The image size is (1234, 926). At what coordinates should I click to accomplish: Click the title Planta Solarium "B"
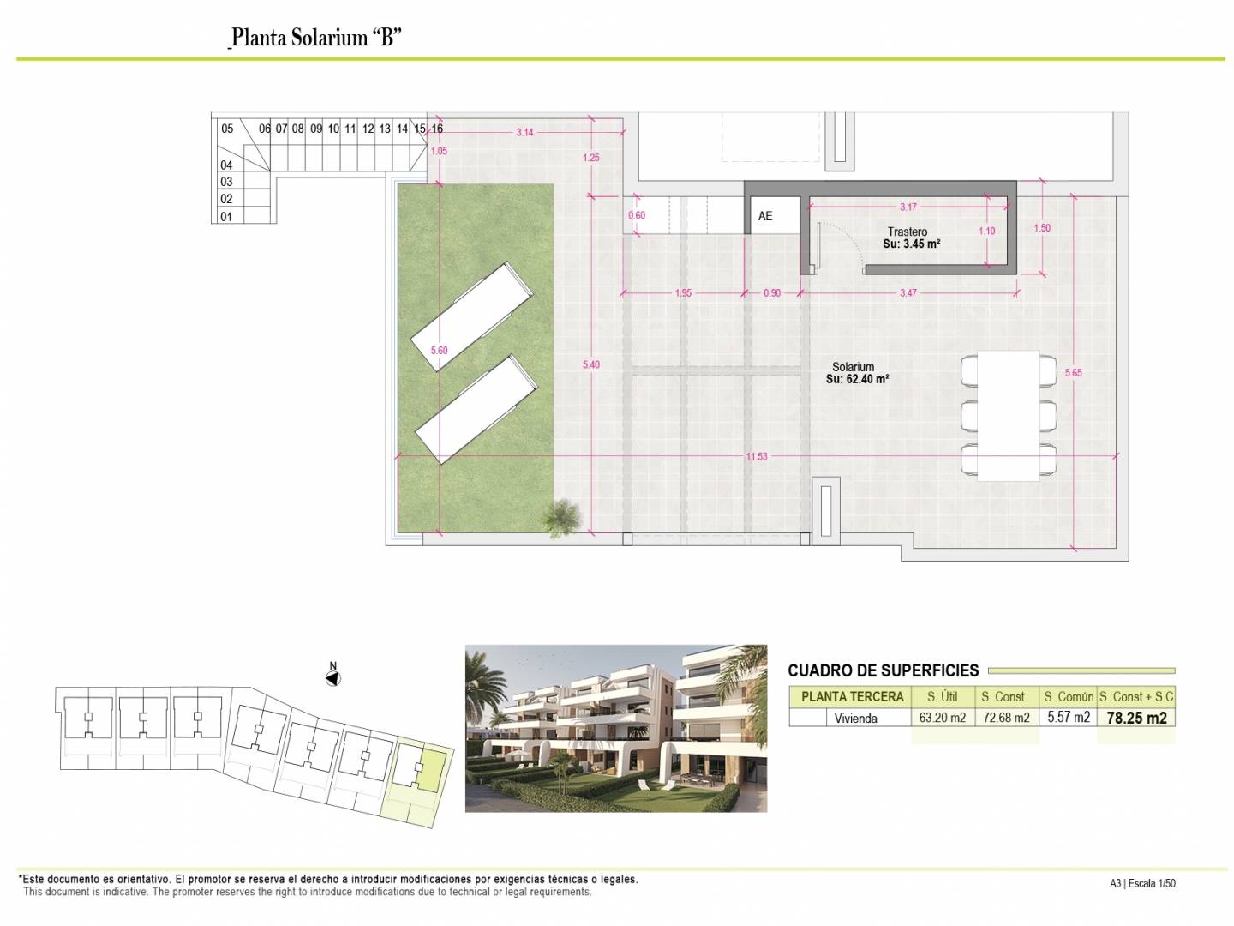(x=316, y=37)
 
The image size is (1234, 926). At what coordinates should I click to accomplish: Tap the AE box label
(x=765, y=216)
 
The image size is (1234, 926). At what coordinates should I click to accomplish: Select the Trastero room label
(x=908, y=231)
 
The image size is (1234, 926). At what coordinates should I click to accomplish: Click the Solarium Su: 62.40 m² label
(x=857, y=373)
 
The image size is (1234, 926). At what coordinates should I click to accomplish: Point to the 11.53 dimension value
(x=757, y=456)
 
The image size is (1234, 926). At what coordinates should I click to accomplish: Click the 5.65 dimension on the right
(x=1073, y=372)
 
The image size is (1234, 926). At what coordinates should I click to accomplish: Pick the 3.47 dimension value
(x=908, y=293)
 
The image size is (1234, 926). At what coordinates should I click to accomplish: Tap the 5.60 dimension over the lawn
(x=439, y=351)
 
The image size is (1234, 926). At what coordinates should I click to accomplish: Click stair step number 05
(x=227, y=129)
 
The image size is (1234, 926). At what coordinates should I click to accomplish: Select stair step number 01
(x=226, y=216)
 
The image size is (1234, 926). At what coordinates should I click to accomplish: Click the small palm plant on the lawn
(x=563, y=516)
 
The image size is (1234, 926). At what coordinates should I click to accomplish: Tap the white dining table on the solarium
(x=1008, y=416)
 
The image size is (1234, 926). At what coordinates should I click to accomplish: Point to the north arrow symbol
(x=332, y=676)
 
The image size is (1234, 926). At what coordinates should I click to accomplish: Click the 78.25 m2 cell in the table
(x=1137, y=718)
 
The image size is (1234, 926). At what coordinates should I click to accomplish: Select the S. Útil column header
(x=943, y=696)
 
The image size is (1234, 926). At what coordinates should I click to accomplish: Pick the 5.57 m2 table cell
(x=1069, y=717)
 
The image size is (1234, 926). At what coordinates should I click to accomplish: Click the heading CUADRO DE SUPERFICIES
(x=884, y=670)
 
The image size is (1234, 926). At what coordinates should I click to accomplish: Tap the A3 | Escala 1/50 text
(x=1142, y=883)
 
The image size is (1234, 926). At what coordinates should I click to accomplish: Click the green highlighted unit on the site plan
(x=432, y=769)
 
